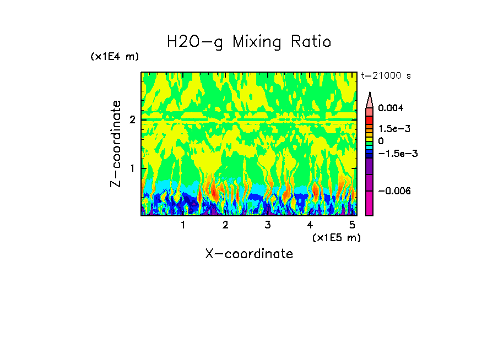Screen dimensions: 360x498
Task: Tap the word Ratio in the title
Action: (312, 42)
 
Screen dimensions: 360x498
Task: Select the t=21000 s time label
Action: (386, 75)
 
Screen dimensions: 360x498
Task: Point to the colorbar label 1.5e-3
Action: (394, 128)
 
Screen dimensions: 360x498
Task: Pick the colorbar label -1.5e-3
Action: (397, 153)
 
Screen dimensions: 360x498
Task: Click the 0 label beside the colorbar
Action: (381, 141)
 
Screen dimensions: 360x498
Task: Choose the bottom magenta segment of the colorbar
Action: (369, 203)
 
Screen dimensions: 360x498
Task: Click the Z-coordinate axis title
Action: (116, 144)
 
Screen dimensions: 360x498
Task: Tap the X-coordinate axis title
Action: (249, 254)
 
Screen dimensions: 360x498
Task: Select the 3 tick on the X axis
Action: (268, 225)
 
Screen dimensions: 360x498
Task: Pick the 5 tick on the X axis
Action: (353, 225)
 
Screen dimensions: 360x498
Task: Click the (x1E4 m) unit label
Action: (115, 57)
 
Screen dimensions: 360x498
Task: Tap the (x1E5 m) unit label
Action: (336, 237)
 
